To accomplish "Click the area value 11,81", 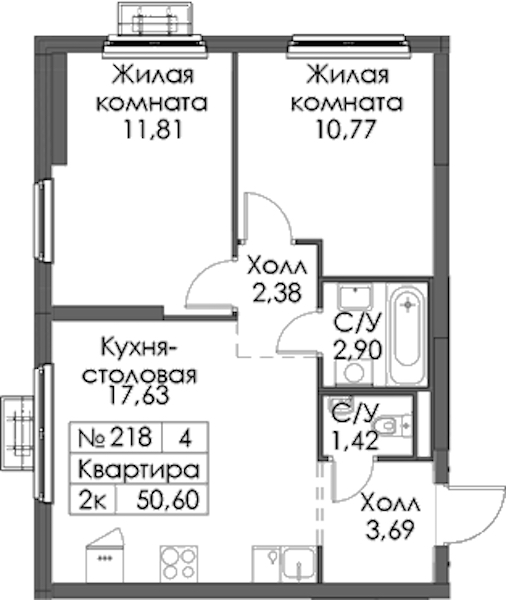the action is [x=152, y=130].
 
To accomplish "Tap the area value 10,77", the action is [x=344, y=130].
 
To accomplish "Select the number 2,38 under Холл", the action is [x=277, y=293].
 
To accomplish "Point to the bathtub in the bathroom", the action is [x=406, y=333].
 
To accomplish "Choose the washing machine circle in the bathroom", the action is [x=354, y=372].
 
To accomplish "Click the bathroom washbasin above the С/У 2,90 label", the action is [x=355, y=296].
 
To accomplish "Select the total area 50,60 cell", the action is [x=168, y=500].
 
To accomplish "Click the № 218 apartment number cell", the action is [x=115, y=437].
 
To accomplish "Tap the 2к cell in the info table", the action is [x=92, y=500].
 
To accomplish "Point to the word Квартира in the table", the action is [x=139, y=469].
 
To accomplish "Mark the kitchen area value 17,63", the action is [x=139, y=395].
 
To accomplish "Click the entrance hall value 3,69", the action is [x=390, y=530].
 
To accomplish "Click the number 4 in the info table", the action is [x=185, y=437].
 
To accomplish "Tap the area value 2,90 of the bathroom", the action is [x=357, y=349].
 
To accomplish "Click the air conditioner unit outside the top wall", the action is [x=155, y=19].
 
